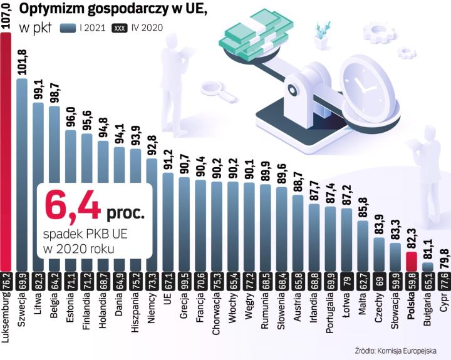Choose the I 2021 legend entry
(81, 28)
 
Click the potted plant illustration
(323, 34)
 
